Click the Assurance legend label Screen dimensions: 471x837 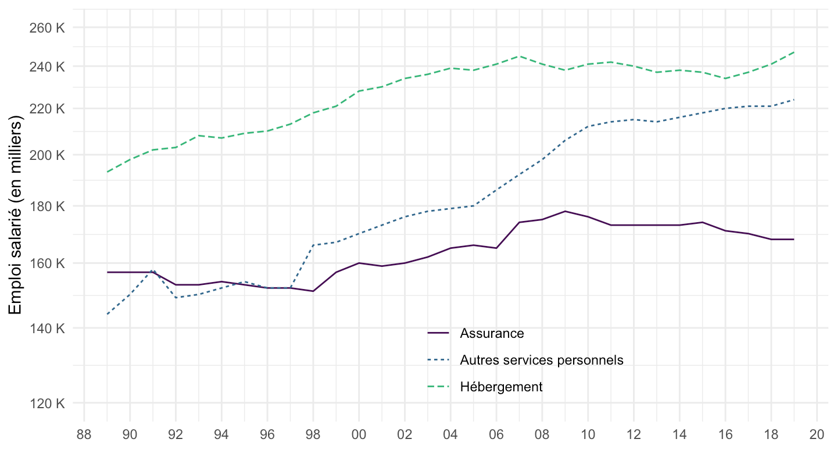pos(492,334)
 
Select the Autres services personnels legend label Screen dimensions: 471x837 pos(541,361)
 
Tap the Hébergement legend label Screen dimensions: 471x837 pos(501,387)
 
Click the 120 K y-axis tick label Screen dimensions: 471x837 pos(47,403)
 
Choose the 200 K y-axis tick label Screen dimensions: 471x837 pos(47,155)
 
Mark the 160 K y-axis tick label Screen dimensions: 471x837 pos(47,263)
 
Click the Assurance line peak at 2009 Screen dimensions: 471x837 pos(565,211)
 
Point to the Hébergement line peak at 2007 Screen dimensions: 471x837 pos(519,56)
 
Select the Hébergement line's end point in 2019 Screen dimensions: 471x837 pos(794,52)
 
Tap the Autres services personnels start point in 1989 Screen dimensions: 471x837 pos(108,315)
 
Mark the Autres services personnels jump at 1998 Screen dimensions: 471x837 pos(313,245)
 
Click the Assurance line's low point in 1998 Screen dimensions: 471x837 pos(313,291)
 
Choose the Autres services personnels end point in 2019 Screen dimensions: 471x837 pos(794,99)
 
